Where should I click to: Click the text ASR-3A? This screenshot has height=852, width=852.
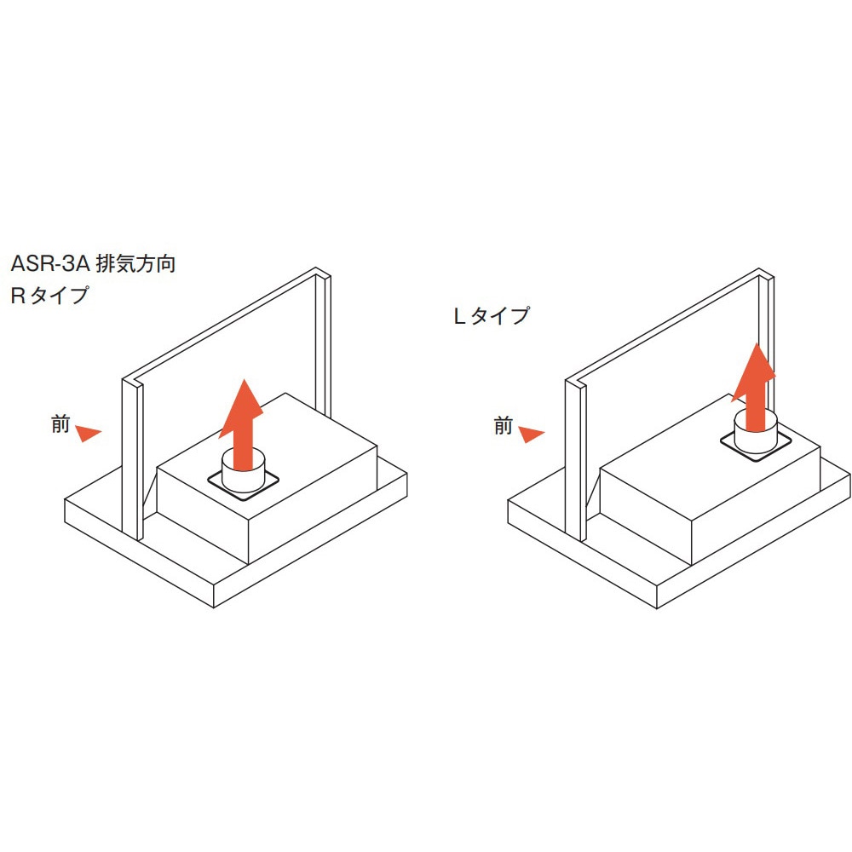coord(49,263)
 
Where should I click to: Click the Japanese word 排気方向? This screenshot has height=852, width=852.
coord(135,263)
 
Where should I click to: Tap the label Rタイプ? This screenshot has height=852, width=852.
coord(49,295)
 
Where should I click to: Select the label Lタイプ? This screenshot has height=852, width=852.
coord(492,316)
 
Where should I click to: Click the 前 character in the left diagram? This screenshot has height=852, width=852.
coord(60,423)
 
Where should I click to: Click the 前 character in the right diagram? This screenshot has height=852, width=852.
coord(504,425)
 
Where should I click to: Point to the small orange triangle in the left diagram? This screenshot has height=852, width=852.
coord(87,433)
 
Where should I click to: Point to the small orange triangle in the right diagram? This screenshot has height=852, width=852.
coord(530,435)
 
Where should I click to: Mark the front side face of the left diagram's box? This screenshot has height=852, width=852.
coord(203,514)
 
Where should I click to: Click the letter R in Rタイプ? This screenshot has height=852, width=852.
coord(18,296)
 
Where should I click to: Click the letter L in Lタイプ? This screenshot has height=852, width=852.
coord(460,316)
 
